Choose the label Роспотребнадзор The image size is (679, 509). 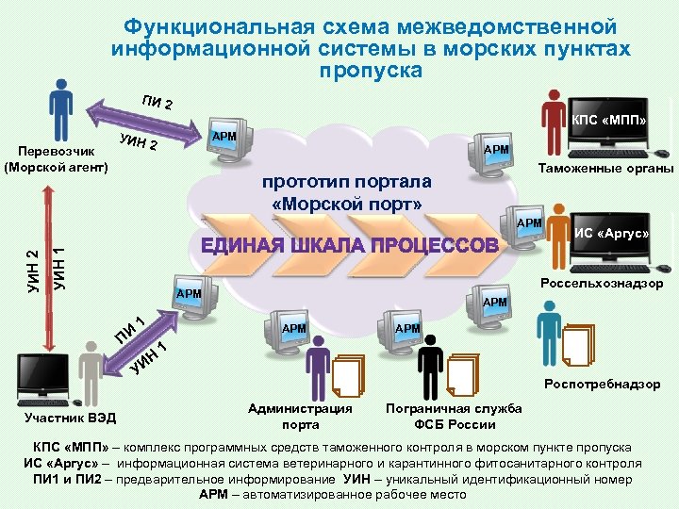pyautogui.click(x=603, y=384)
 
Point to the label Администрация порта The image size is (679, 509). pyautogui.click(x=299, y=416)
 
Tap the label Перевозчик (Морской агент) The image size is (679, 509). pyautogui.click(x=58, y=158)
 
